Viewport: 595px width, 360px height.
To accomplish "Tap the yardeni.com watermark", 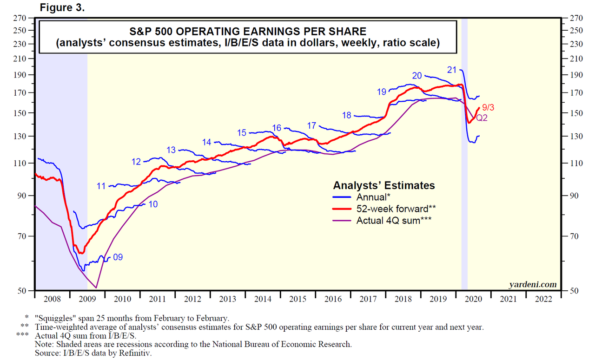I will point(533,284).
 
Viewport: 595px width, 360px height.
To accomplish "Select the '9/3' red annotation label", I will point(488,108).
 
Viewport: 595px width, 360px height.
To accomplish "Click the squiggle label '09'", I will point(118,256).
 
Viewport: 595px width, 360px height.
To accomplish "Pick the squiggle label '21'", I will point(452,70).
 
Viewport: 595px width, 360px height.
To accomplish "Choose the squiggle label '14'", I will point(206,142).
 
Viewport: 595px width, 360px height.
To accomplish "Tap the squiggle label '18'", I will point(346,115).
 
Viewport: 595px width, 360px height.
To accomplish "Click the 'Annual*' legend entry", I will point(372,197).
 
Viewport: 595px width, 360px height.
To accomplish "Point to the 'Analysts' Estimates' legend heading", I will point(384,185).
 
